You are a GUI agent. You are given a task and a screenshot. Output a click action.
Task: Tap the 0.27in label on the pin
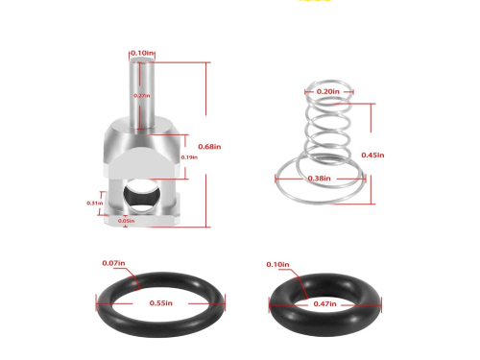pos(140,96)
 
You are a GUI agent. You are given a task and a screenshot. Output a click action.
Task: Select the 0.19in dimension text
pos(188,156)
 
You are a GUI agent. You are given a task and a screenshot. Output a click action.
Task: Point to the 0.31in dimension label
pos(94,203)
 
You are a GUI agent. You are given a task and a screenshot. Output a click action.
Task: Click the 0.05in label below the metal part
pos(126,221)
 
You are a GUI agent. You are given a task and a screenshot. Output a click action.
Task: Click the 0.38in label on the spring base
pos(321,178)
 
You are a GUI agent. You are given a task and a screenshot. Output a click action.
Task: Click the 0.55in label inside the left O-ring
pos(160,303)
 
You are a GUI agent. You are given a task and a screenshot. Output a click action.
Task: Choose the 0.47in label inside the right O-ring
pos(326,303)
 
